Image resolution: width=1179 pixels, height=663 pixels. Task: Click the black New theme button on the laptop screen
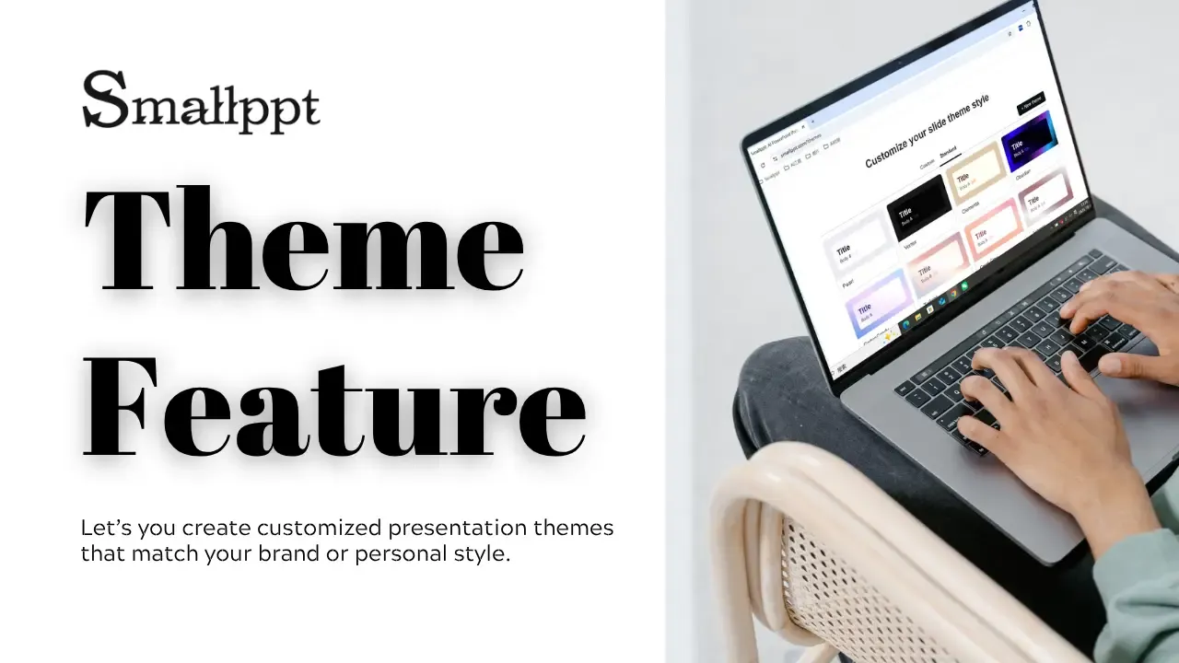coord(1031,103)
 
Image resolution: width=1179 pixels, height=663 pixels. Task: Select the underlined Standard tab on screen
coord(949,152)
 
